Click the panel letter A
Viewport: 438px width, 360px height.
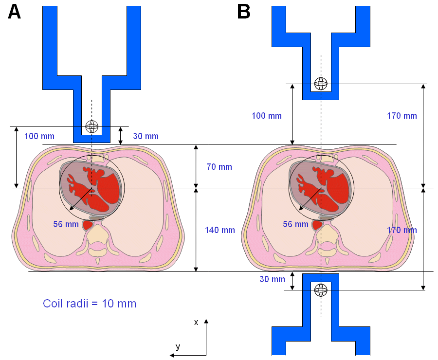point(15,12)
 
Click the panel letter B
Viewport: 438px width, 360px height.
point(244,12)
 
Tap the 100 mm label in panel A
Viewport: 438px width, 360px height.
point(39,136)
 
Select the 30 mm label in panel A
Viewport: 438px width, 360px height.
point(146,136)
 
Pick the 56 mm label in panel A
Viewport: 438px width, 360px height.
point(66,224)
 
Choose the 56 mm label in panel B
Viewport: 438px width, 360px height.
point(295,224)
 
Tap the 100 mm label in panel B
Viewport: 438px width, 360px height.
point(267,116)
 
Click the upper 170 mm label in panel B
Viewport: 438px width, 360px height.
point(402,116)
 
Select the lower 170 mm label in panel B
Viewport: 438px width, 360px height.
point(402,230)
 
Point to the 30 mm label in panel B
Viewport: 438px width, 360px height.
point(272,279)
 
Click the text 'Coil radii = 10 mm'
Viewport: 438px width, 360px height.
point(90,304)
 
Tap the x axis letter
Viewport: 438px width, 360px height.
point(196,322)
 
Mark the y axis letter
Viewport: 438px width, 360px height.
point(178,346)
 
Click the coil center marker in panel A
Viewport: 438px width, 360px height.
point(91,126)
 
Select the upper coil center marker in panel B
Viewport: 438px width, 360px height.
point(320,84)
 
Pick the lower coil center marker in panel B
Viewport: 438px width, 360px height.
point(320,290)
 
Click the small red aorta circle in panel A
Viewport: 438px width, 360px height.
point(88,225)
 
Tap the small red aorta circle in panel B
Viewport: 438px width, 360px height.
point(317,225)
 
